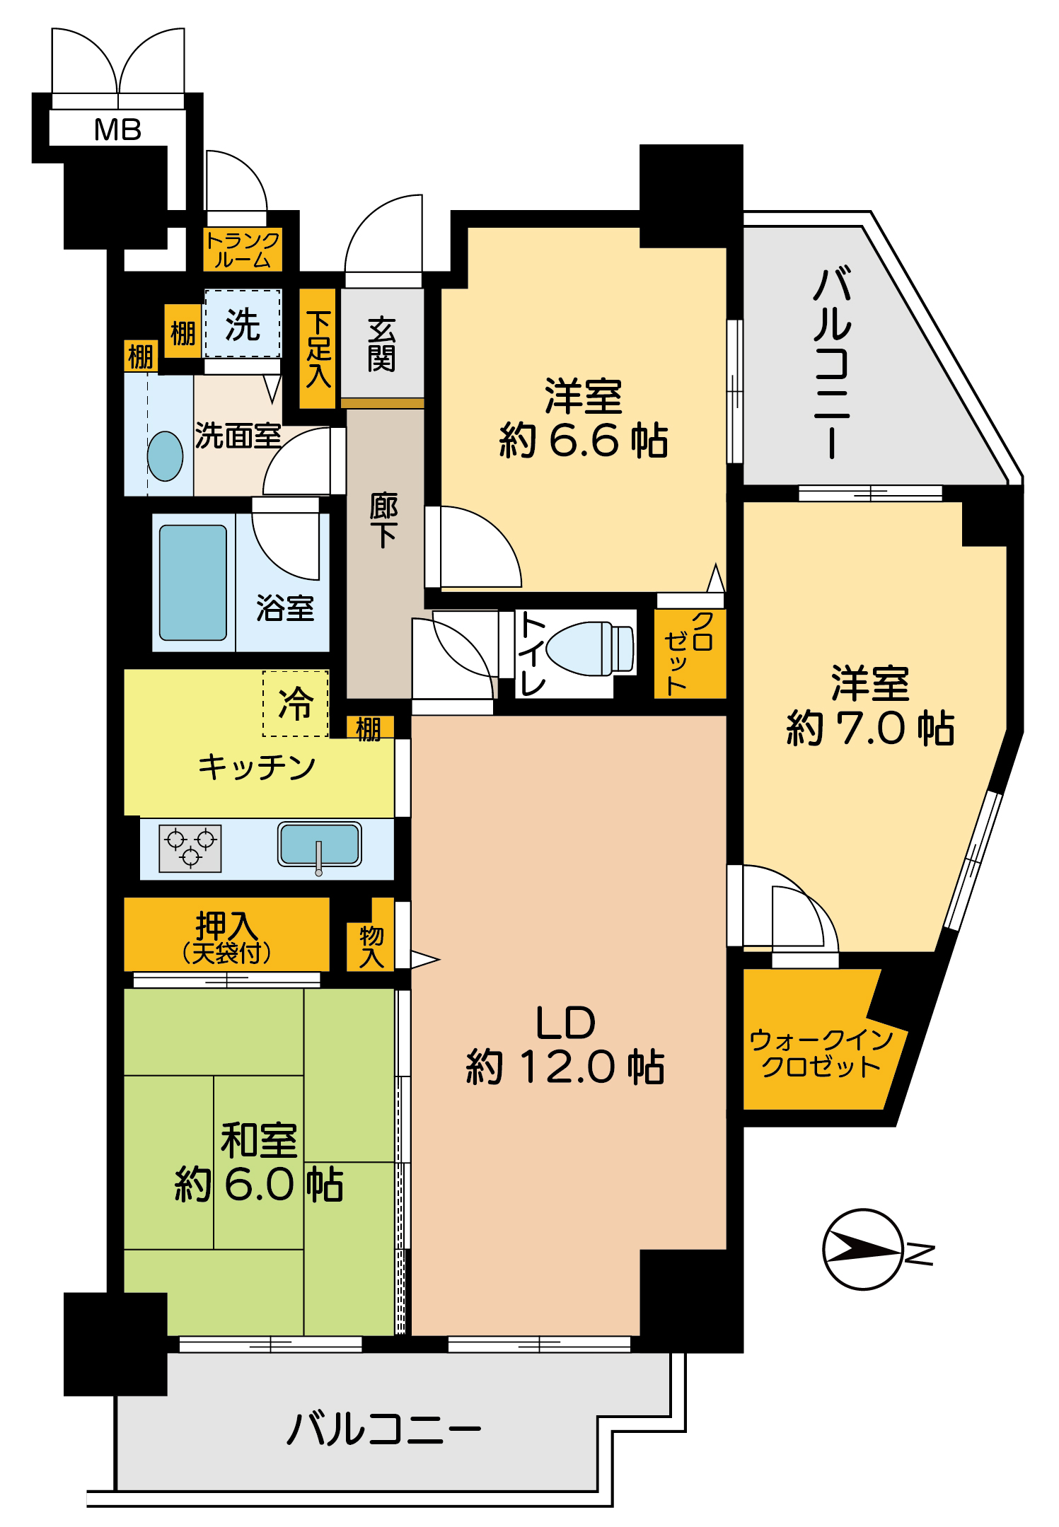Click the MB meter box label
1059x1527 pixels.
[117, 129]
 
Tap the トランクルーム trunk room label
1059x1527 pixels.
[243, 250]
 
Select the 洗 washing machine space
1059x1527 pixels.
[243, 325]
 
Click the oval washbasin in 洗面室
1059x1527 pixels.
[165, 456]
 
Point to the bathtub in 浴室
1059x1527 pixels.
[192, 582]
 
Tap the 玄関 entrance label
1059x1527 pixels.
[381, 344]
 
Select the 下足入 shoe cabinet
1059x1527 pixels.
[318, 349]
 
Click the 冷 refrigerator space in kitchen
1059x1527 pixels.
[296, 704]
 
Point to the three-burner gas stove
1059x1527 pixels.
[190, 848]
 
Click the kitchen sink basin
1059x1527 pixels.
[320, 844]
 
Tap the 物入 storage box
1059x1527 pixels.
[371, 946]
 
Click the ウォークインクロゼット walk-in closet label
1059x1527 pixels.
[821, 1053]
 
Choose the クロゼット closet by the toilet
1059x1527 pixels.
[689, 653]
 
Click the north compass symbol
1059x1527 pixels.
[863, 1250]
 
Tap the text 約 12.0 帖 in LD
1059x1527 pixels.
[565, 1067]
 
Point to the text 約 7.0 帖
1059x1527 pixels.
[870, 728]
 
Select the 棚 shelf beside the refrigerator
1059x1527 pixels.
[369, 728]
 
